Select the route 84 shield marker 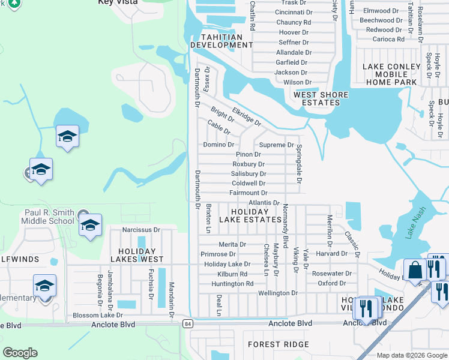click(x=187, y=323)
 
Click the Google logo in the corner click(x=20, y=353)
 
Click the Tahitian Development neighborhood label click(x=217, y=41)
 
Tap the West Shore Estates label click(x=317, y=98)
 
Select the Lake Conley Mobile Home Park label click(x=391, y=74)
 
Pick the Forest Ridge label click(x=279, y=344)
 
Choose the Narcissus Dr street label click(x=141, y=230)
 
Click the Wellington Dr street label click(x=277, y=293)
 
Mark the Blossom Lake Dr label click(x=97, y=315)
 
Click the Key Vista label click(x=118, y=2)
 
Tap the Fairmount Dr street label click(x=248, y=193)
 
